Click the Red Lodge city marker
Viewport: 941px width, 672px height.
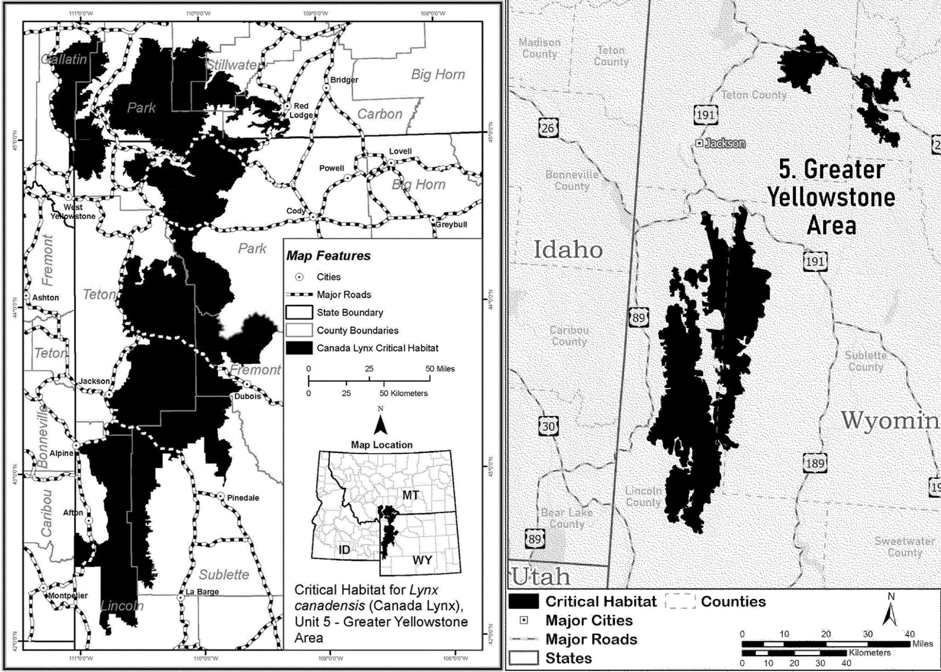[287, 106]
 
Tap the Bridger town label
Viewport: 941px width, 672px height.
[344, 80]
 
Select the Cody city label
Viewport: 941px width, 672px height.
[295, 211]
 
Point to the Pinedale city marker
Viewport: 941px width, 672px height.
[221, 497]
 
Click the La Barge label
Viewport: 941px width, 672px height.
[202, 592]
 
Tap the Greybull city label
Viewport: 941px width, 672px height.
[451, 225]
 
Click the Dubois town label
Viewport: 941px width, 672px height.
[247, 396]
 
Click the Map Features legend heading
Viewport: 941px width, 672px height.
[328, 256]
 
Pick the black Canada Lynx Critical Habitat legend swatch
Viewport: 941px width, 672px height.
[299, 348]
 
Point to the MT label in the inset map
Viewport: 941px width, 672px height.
[410, 495]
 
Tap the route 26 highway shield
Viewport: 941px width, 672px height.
[548, 128]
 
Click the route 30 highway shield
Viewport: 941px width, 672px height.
[548, 426]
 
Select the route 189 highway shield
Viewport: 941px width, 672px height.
[815, 463]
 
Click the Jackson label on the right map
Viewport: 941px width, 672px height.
[724, 143]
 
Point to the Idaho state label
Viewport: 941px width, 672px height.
[568, 250]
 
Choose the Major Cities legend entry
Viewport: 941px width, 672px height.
[589, 621]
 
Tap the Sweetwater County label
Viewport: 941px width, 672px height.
[904, 547]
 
